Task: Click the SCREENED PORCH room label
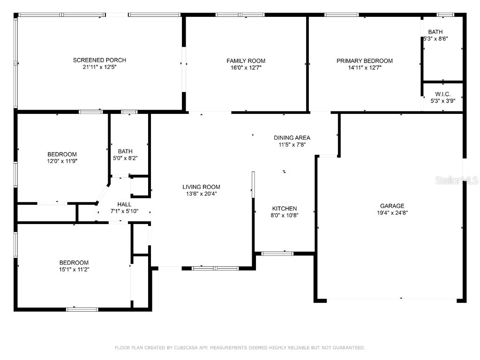pos(99,60)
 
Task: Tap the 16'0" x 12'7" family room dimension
pos(246,67)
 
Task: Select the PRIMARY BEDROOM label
pos(364,61)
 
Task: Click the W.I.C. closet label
pos(443,94)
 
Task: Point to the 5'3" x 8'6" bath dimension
pos(435,39)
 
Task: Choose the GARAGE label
pos(392,206)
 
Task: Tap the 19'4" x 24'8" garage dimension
pos(392,212)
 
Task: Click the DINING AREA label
pos(292,138)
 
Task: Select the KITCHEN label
pos(285,209)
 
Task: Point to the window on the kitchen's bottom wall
pos(277,254)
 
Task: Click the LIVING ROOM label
pos(201,187)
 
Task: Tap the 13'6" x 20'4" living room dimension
pos(201,194)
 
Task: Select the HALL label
pos(124,204)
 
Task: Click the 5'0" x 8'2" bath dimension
pos(125,158)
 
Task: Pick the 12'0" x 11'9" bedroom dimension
pos(62,161)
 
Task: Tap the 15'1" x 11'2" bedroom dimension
pos(74,270)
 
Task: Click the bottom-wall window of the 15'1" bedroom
pos(82,309)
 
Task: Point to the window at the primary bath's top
pos(445,15)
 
